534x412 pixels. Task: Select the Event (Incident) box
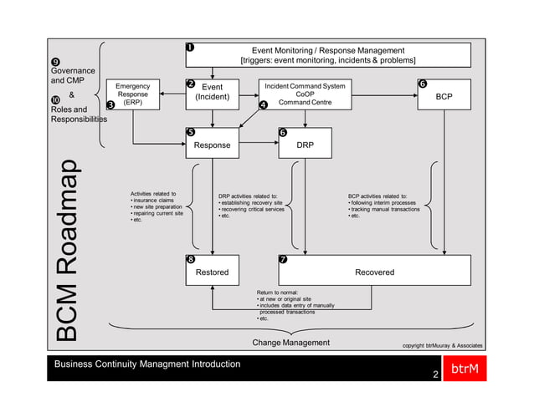213,92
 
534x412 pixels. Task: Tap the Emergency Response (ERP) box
132,94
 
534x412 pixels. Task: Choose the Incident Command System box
305,94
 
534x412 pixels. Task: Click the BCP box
444,97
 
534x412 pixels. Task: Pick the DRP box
305,145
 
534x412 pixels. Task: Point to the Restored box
212,272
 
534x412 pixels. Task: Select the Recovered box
374,272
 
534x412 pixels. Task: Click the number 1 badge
190,47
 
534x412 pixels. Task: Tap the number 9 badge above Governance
55,62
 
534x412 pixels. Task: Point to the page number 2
435,374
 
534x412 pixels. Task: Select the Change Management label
290,343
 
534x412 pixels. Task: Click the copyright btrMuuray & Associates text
442,344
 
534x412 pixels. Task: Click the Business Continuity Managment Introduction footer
147,364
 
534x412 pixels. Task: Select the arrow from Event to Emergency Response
172,94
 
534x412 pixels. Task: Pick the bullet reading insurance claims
152,201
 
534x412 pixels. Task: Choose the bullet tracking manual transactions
384,208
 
